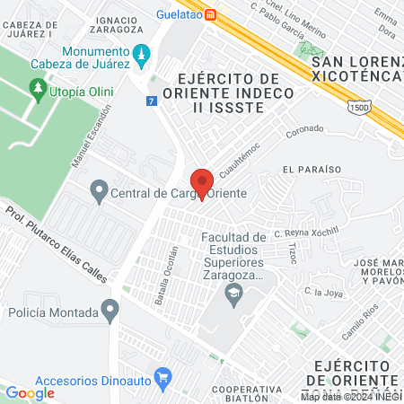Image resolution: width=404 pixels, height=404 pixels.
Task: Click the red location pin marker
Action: pyautogui.click(x=203, y=183)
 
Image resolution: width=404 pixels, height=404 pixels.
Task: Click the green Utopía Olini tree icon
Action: pyautogui.click(x=38, y=87)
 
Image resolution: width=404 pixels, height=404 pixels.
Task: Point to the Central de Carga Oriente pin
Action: pyautogui.click(x=99, y=191)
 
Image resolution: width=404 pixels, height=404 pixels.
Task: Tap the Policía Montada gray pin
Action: pyautogui.click(x=110, y=312)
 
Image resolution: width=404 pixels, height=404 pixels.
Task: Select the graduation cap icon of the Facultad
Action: pyautogui.click(x=233, y=293)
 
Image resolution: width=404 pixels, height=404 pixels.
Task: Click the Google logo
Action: pyautogui.click(x=30, y=392)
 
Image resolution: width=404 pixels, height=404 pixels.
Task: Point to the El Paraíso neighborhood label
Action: pyautogui.click(x=312, y=169)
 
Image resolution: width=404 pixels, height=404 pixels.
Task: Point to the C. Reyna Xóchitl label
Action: pyautogui.click(x=308, y=231)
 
